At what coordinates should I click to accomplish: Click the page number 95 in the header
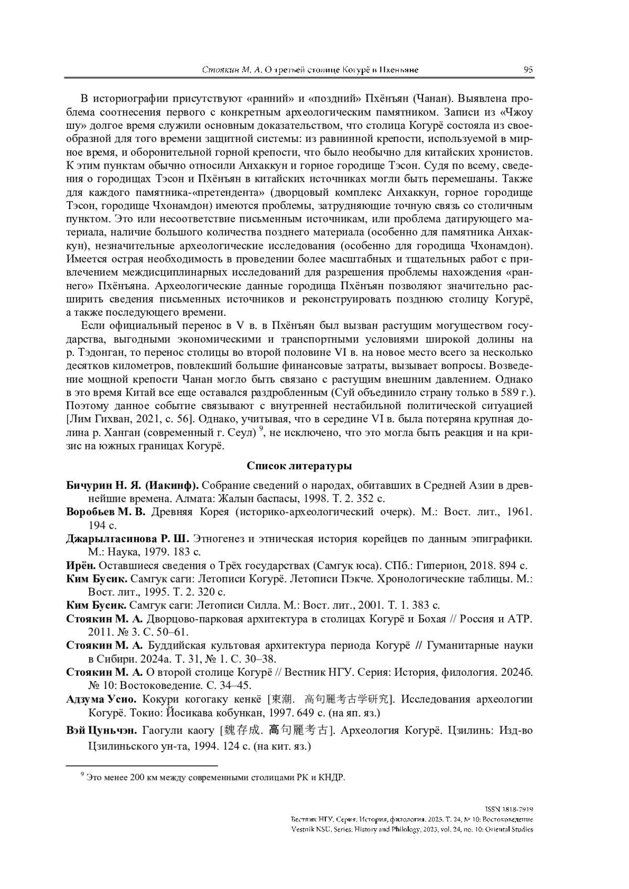528,70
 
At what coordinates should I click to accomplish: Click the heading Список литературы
299,466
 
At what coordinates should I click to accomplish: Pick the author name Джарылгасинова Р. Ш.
127,539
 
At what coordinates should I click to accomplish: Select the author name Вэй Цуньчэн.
102,730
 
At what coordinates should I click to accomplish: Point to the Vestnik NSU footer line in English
411,829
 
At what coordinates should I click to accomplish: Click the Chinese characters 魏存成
243,730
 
